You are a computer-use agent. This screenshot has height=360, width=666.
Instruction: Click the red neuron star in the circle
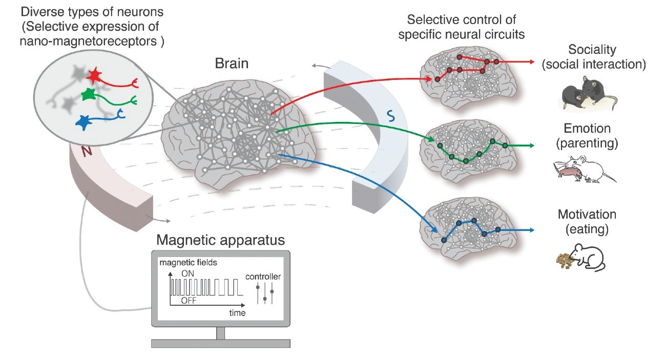point(94,75)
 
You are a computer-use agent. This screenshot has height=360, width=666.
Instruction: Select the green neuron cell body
point(88,94)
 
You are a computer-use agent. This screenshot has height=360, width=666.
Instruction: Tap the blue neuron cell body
point(83,122)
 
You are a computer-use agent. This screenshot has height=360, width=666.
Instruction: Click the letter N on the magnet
point(87,152)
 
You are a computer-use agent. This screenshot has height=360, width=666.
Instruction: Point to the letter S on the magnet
point(391,116)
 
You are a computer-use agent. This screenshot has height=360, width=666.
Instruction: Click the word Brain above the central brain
point(232,63)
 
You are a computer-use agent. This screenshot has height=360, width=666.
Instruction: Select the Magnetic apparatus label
point(221,240)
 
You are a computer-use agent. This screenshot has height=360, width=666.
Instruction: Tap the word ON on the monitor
point(188,273)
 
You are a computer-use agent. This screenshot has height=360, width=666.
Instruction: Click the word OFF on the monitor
point(189,300)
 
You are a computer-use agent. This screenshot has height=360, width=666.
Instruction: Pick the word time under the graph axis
point(237,313)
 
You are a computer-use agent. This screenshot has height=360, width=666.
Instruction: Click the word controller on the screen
point(263,277)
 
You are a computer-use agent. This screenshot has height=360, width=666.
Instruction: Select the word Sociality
point(592,50)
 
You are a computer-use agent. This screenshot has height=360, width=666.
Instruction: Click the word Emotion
point(587,129)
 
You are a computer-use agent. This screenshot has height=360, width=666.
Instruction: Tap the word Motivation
point(587,215)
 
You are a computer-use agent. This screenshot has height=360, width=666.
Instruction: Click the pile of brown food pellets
point(565,261)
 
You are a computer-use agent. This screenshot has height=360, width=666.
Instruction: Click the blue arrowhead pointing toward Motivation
point(531,230)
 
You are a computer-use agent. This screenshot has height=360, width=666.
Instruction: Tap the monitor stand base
point(221,343)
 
